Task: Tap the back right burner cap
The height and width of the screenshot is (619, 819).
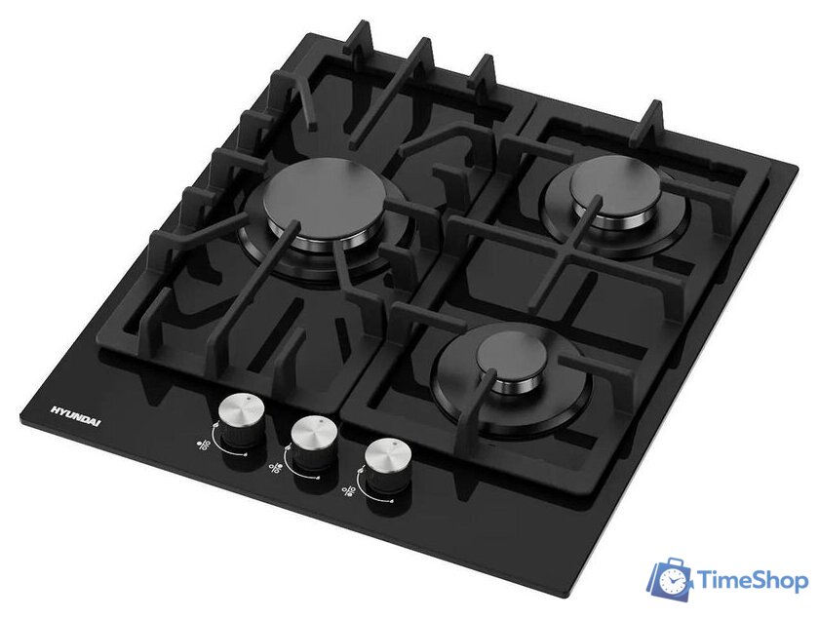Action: point(616,187)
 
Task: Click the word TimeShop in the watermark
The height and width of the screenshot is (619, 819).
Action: point(753,580)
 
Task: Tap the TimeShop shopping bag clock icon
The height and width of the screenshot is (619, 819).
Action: point(671,579)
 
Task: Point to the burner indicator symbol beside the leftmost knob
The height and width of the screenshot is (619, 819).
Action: point(204,445)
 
